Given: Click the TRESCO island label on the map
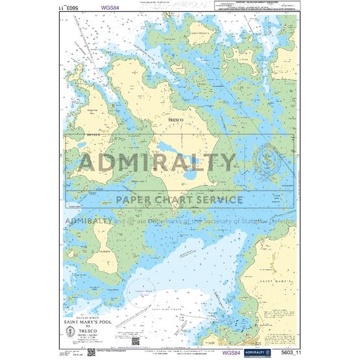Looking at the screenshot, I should point(174,121).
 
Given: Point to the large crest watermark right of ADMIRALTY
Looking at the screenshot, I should point(266,162).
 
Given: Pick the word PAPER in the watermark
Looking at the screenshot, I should point(135,200).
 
